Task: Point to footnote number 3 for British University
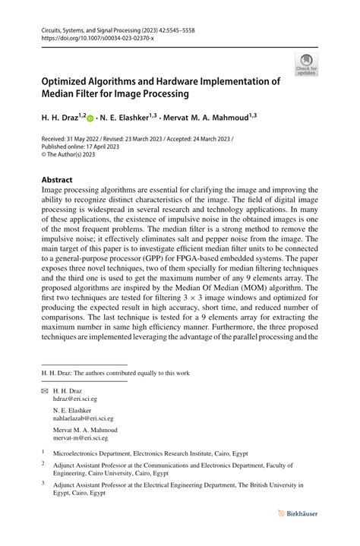point(43,482)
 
